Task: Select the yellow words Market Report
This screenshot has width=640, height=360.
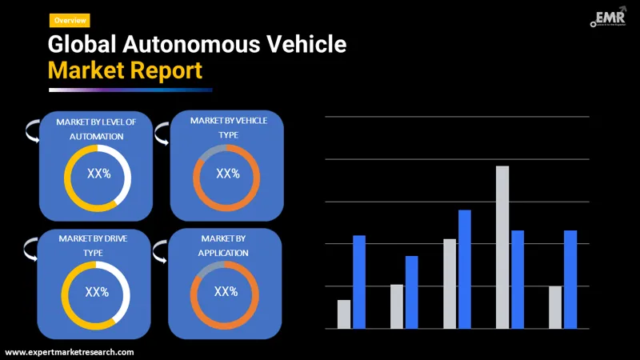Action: point(125,70)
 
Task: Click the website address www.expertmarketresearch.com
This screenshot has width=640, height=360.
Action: point(70,352)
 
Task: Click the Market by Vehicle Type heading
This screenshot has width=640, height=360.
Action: point(228,127)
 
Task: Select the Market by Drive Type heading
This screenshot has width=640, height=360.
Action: point(93,245)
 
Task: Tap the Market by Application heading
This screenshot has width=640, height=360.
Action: point(224,246)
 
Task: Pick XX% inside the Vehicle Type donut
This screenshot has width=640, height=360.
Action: point(228,174)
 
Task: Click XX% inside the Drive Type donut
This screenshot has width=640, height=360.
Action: point(97,292)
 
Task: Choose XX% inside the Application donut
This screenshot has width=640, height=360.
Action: point(226,291)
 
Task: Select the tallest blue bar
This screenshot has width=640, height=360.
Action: point(465,269)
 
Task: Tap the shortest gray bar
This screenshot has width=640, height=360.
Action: point(344,314)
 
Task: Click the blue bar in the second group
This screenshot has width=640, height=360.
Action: point(412,292)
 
